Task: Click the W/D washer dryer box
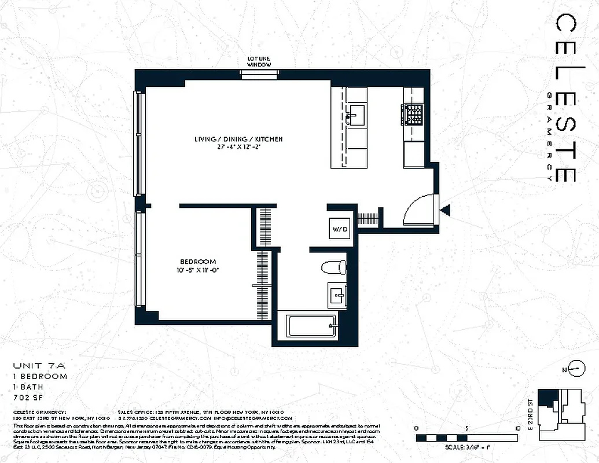[340, 229]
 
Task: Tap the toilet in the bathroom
[335, 267]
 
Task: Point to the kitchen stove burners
[413, 114]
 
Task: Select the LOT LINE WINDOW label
[259, 62]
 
